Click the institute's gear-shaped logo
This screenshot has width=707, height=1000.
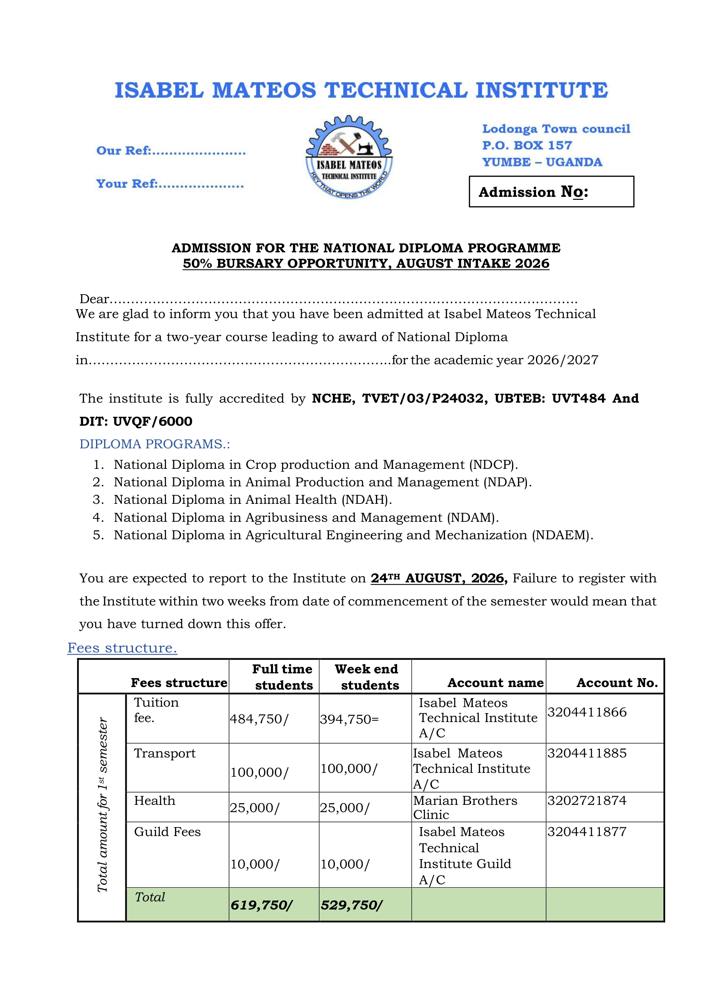349,157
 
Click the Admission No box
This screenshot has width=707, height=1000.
551,192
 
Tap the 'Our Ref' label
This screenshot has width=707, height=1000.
124,151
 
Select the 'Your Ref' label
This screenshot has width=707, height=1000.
127,184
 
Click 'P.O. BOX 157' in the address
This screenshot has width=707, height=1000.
527,146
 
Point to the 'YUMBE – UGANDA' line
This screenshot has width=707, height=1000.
542,162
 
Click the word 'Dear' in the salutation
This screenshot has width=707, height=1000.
94,299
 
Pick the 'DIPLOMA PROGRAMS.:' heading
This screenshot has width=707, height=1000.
154,444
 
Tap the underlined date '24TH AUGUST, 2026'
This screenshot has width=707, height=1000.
437,578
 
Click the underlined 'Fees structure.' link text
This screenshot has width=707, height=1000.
122,648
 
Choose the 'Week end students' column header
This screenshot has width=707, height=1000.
366,677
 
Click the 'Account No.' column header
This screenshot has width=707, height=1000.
617,683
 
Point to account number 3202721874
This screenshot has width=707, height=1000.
587,801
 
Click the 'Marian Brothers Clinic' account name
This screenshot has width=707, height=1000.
465,807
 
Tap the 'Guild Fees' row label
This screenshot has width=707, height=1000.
167,832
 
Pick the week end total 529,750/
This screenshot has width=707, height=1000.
351,906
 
